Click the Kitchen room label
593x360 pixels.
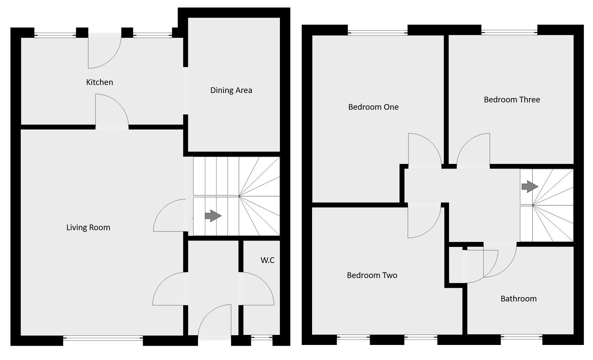pyautogui.click(x=99, y=82)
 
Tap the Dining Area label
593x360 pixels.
pyautogui.click(x=231, y=90)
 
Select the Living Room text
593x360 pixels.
pyautogui.click(x=88, y=228)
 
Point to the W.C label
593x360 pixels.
pyautogui.click(x=268, y=260)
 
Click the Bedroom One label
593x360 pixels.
pyautogui.click(x=373, y=107)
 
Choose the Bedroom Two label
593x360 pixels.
pyautogui.click(x=372, y=275)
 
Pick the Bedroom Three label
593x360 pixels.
pyautogui.click(x=512, y=100)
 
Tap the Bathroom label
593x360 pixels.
pyautogui.click(x=518, y=299)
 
